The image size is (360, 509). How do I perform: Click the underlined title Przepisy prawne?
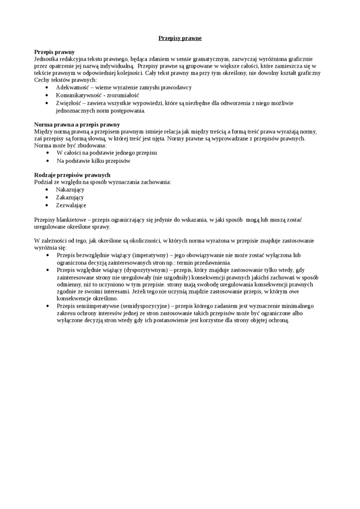pos(180,38)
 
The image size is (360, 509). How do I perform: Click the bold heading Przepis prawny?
pos(54,52)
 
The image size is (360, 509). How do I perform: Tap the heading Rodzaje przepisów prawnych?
pos(72,175)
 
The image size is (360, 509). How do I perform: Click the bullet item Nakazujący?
pos(70,189)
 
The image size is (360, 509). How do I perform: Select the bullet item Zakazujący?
pos(70,197)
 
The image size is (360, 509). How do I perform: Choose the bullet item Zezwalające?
pos(71,205)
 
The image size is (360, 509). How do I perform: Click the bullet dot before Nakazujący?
pos(46,189)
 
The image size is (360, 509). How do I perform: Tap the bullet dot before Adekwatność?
pos(46,88)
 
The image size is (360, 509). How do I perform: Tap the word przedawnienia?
pos(213,262)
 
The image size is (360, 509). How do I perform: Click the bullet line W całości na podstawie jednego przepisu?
pos(107,153)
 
